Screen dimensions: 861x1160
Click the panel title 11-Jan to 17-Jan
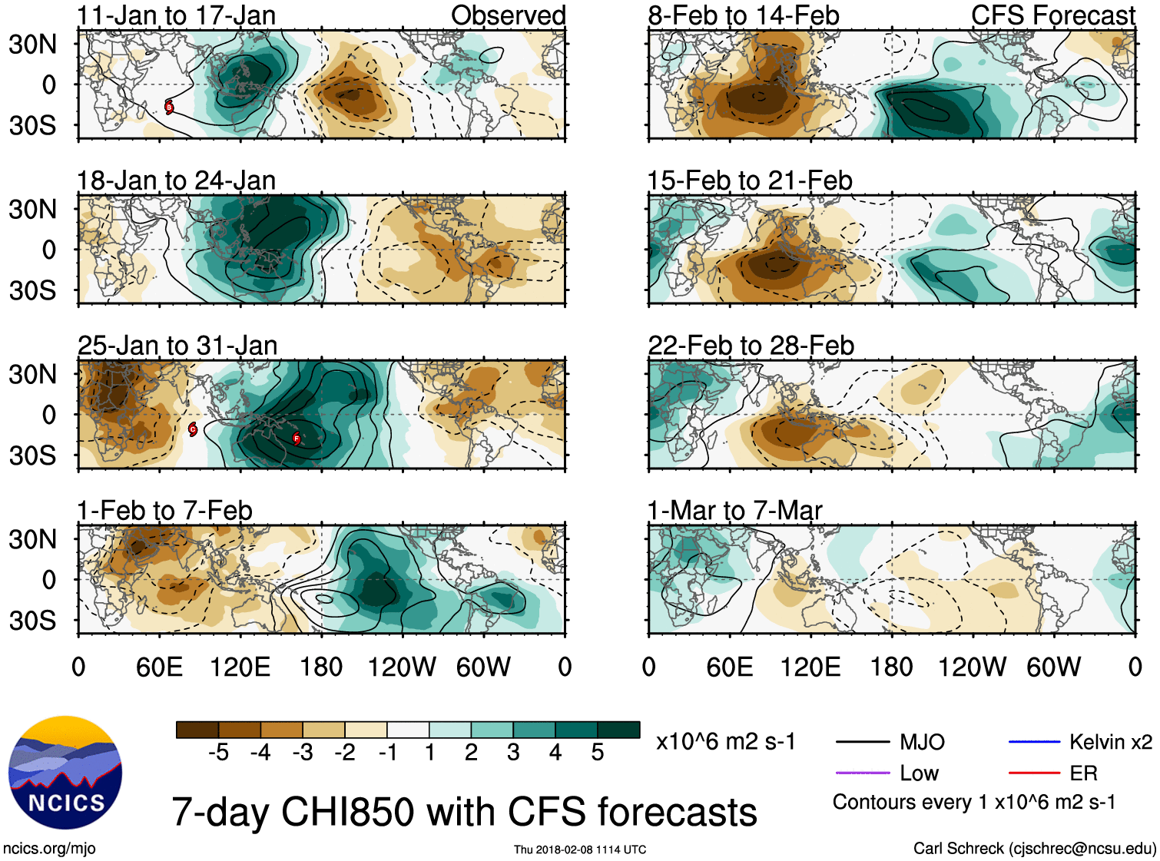click(x=176, y=15)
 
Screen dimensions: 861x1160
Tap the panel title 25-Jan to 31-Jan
click(x=177, y=346)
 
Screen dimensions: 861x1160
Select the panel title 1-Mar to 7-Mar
click(x=734, y=511)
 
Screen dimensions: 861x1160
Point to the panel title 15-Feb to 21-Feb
click(x=750, y=180)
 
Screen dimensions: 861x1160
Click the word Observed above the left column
click(x=508, y=15)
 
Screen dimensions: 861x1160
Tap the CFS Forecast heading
click(x=1052, y=15)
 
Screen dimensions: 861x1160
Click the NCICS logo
click(x=65, y=773)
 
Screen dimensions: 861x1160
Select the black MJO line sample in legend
click(x=862, y=742)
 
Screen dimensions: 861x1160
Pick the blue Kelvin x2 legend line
click(x=1034, y=742)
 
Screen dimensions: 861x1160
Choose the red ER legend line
click(x=1034, y=773)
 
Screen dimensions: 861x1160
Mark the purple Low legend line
click(x=862, y=773)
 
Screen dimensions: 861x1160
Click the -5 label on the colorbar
click(x=218, y=753)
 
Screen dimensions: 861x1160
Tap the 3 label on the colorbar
click(x=513, y=753)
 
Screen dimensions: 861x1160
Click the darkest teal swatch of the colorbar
click(x=618, y=730)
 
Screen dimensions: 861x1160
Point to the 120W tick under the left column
click(x=402, y=667)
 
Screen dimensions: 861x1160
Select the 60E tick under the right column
click(x=730, y=667)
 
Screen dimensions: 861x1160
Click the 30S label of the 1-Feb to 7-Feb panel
click(x=32, y=621)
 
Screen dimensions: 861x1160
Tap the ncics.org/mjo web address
click(x=49, y=848)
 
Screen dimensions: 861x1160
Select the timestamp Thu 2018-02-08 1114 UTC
click(x=580, y=849)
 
